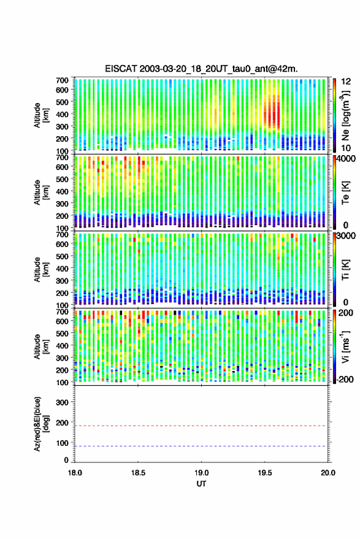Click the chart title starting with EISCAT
coord(201,69)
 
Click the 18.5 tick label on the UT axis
coord(138,473)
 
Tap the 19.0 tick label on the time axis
coord(201,473)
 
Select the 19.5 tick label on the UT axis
coord(265,473)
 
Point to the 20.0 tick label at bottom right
coord(327,473)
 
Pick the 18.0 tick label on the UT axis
coord(75,473)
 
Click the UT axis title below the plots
coord(201,484)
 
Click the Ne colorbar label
coord(345,115)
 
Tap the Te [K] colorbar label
coord(345,193)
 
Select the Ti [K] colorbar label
coord(345,270)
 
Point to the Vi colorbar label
coord(345,346)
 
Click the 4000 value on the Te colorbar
coord(346,159)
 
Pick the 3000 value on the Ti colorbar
coord(346,236)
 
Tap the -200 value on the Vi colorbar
coord(345,379)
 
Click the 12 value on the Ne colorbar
coord(346,82)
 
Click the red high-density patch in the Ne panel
coord(272,113)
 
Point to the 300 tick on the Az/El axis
coord(62,402)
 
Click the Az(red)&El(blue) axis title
coord(42,424)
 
